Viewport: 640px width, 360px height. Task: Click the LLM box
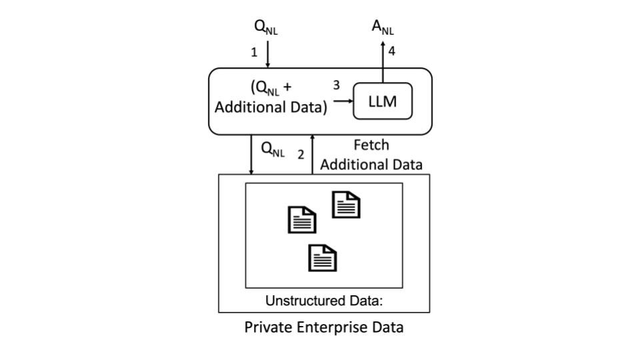coord(383,102)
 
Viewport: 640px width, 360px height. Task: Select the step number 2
coord(301,154)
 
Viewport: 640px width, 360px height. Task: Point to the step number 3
coord(336,85)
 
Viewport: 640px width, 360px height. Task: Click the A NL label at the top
coord(382,28)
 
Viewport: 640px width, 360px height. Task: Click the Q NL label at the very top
coord(266,27)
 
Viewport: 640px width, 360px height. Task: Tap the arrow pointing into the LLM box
coord(343,102)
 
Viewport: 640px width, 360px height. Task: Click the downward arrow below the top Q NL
coord(267,55)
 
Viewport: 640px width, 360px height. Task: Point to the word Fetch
coord(371,145)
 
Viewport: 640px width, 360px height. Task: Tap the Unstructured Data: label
coord(324,301)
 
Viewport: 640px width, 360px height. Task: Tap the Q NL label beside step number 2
coord(273,151)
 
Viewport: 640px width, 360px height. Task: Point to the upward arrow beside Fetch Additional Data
coord(312,154)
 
